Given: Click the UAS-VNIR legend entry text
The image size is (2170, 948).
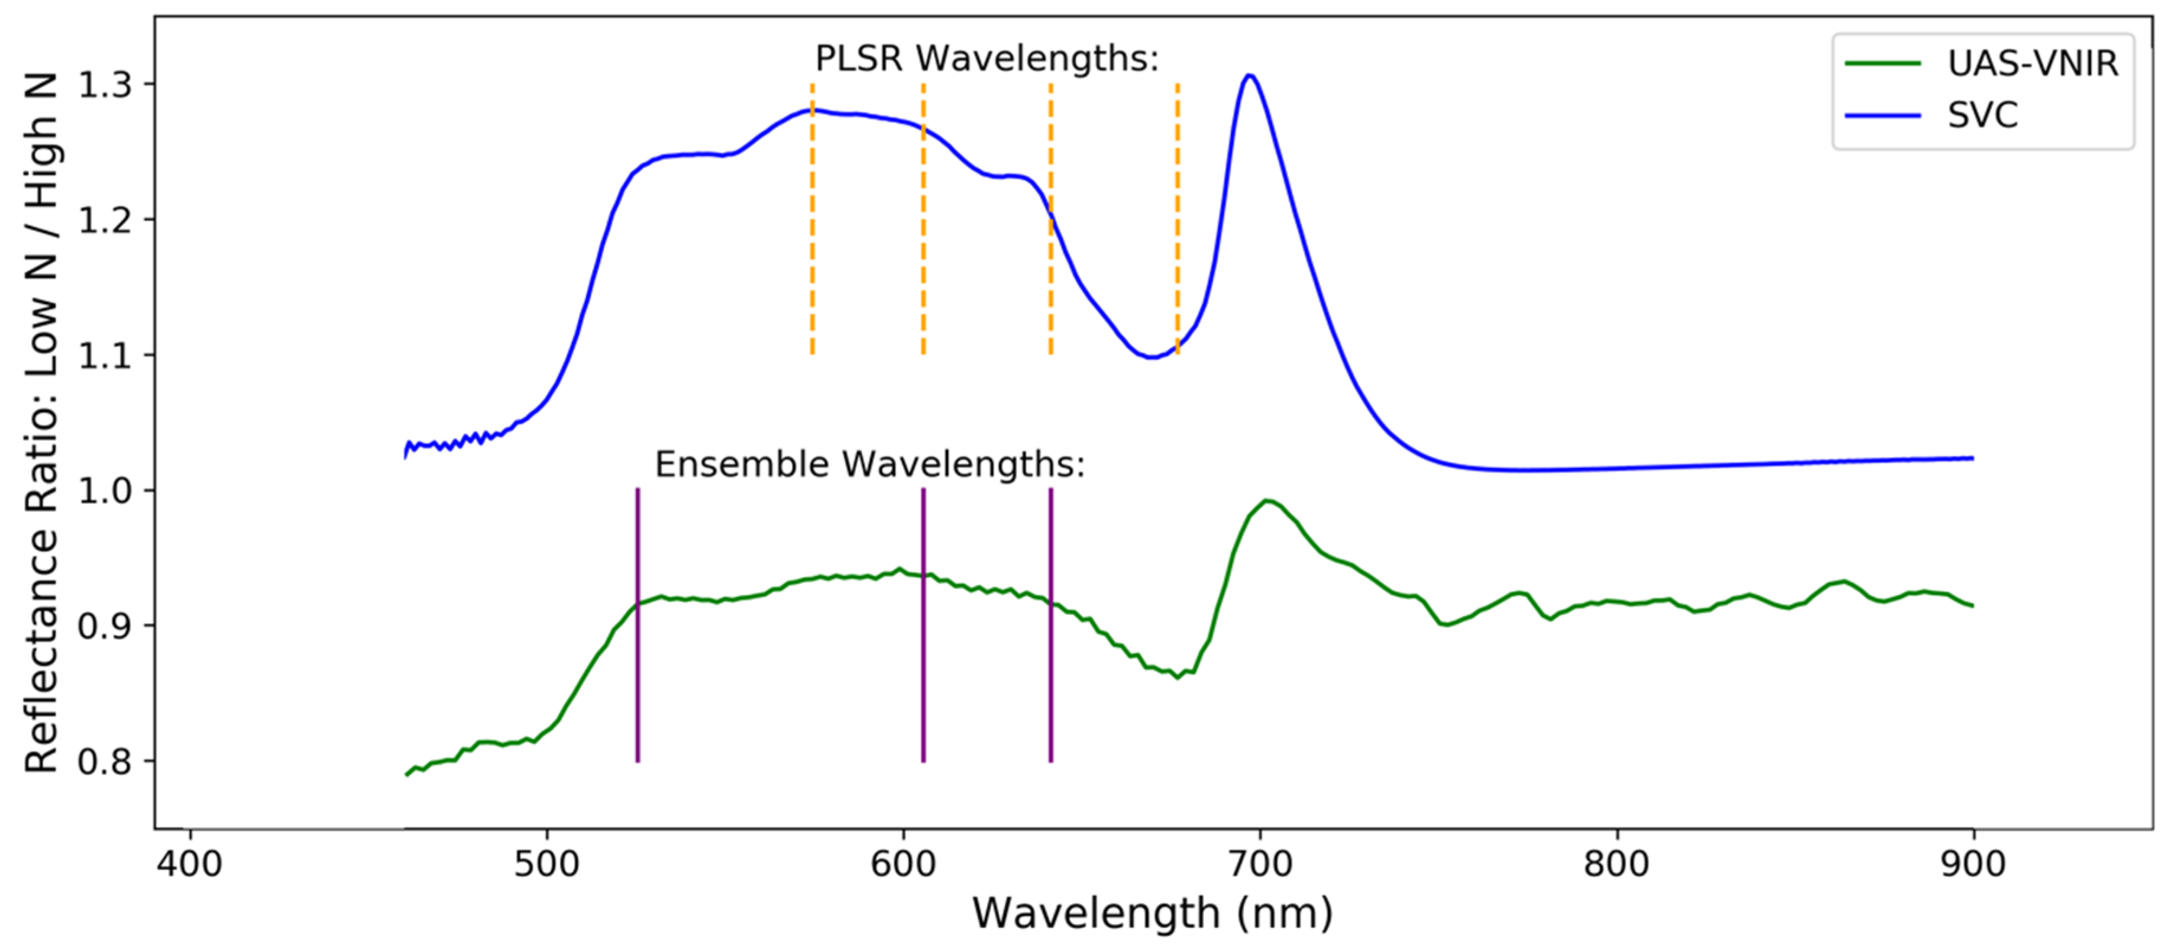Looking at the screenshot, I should coord(2032,63).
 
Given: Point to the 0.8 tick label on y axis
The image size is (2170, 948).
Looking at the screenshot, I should coord(105,761).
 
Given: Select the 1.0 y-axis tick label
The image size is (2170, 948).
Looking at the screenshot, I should coord(105,491).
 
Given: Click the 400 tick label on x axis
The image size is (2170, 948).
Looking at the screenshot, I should coord(189,864).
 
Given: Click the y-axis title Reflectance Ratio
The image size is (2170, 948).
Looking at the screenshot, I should coord(40,421).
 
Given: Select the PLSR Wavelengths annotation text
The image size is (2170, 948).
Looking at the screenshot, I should coord(987,58).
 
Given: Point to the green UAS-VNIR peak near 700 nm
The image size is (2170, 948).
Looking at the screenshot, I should coord(1266,501).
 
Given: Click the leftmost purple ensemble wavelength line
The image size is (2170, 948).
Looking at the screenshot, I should coord(638,624).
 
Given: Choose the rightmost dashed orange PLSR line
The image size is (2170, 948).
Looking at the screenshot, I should coord(1178,219).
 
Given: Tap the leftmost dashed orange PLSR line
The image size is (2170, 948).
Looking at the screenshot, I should coord(812,219).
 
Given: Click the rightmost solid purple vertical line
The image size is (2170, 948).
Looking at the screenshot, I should coord(1050,624).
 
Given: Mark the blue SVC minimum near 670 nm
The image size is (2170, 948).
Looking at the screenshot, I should coord(1152,357).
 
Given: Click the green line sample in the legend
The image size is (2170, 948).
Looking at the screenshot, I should coord(1883,63).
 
